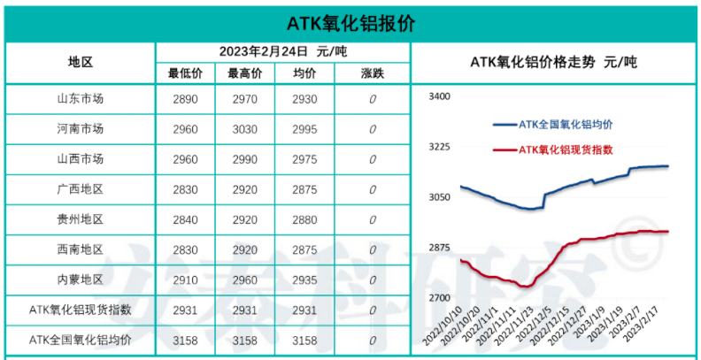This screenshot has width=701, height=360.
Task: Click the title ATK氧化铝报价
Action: pyautogui.click(x=351, y=22)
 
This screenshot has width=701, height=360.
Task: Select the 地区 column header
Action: pyautogui.click(x=81, y=62)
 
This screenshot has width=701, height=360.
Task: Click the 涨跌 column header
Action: pyautogui.click(x=373, y=73)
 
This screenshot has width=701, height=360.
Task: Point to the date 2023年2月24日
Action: pyautogui.click(x=264, y=51)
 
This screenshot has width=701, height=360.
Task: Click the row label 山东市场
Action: pyautogui.click(x=81, y=99)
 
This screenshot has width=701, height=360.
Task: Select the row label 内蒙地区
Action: pyautogui.click(x=81, y=280)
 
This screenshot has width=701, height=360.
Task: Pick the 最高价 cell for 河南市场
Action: pyautogui.click(x=244, y=129)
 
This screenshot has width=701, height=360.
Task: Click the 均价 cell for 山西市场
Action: pyautogui.click(x=304, y=159)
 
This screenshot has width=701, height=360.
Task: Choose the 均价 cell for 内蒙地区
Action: pyautogui.click(x=304, y=280)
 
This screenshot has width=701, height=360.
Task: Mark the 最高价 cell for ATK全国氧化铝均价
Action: pyautogui.click(x=244, y=341)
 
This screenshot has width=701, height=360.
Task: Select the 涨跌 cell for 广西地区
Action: pyautogui.click(x=373, y=189)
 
